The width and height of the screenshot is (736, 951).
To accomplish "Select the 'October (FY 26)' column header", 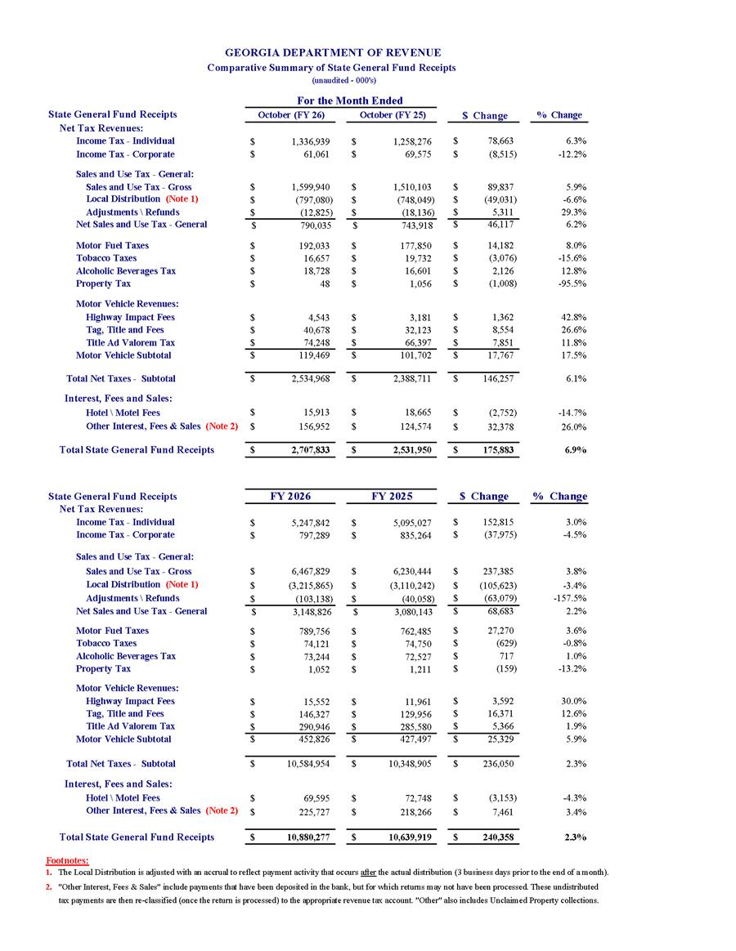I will [291, 115].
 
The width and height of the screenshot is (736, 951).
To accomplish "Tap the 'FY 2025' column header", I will [392, 496].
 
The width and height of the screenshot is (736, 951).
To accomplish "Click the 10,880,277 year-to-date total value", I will [307, 837].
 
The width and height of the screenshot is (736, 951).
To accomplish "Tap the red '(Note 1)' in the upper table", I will [182, 199].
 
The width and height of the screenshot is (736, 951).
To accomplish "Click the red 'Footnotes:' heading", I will [65, 860].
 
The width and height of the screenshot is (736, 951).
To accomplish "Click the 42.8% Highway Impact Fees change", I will [570, 317].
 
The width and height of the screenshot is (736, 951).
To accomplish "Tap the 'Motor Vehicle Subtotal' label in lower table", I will [123, 739].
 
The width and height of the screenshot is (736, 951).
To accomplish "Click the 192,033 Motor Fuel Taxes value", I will [315, 245].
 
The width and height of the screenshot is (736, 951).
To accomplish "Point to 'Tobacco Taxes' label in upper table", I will [106, 257].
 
